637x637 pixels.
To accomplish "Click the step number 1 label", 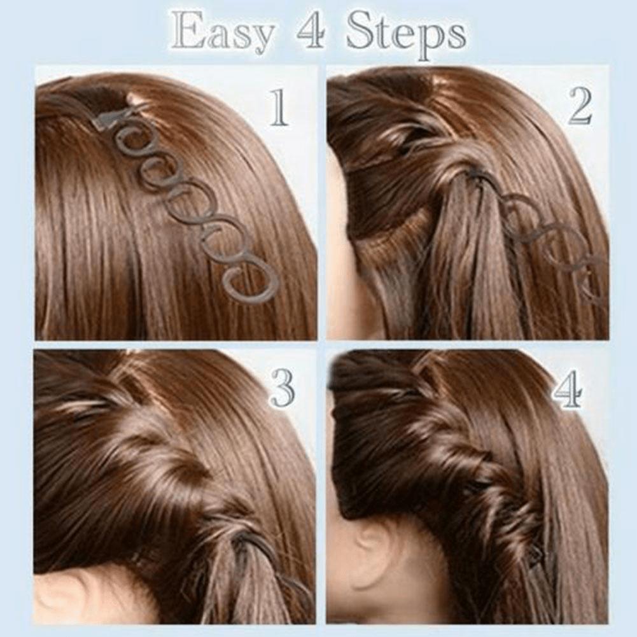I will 277,108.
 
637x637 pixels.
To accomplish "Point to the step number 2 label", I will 579,108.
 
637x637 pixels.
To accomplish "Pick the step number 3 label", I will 283,388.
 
